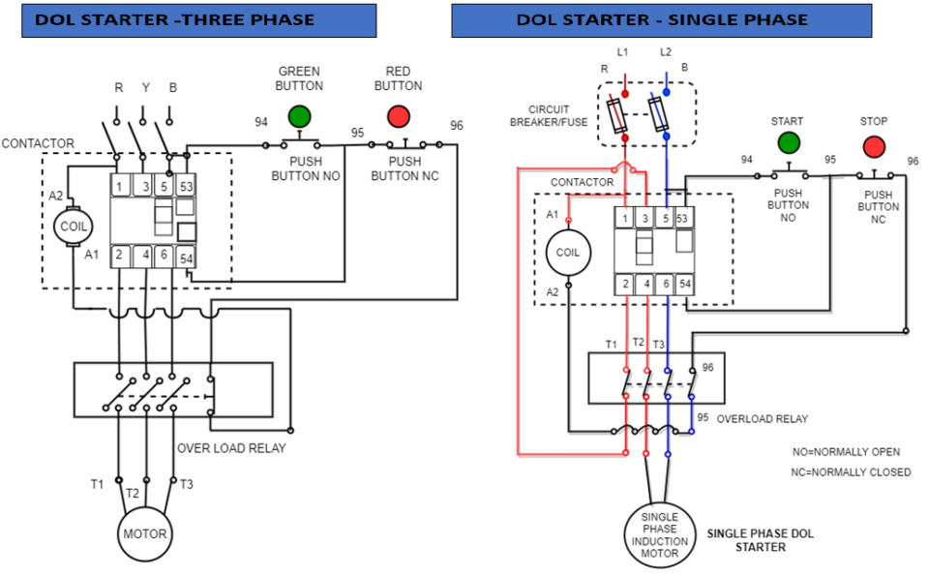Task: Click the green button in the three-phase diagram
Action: pyautogui.click(x=299, y=117)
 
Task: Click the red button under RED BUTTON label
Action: pyautogui.click(x=398, y=117)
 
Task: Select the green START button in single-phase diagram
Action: pyautogui.click(x=789, y=143)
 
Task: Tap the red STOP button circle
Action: pyautogui.click(x=874, y=146)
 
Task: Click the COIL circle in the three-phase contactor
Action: pyautogui.click(x=74, y=226)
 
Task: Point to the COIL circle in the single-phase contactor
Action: pyautogui.click(x=567, y=252)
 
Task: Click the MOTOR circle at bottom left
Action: pyautogui.click(x=144, y=533)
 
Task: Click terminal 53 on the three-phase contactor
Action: pyautogui.click(x=186, y=185)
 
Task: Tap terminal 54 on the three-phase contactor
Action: pyautogui.click(x=186, y=258)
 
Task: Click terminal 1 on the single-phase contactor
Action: pyautogui.click(x=624, y=219)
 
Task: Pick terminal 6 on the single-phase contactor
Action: pyautogui.click(x=666, y=284)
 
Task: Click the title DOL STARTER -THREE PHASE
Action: pyautogui.click(x=175, y=19)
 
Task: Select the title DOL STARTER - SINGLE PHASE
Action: pyautogui.click(x=661, y=19)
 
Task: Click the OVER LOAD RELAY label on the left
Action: pyautogui.click(x=231, y=448)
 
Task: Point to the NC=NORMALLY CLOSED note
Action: pyautogui.click(x=851, y=472)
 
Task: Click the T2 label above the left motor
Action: pyautogui.click(x=133, y=492)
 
